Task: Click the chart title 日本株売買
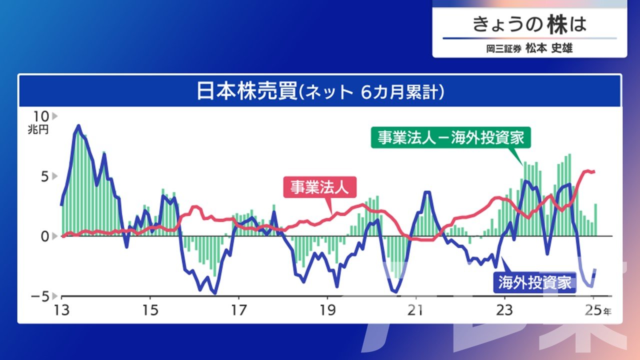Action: click(x=247, y=91)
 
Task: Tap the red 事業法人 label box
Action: click(x=319, y=187)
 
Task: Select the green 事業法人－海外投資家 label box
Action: click(x=450, y=137)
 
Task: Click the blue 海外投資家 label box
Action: click(x=534, y=282)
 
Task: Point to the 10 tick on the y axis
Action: click(x=41, y=116)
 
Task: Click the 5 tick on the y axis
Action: click(x=45, y=176)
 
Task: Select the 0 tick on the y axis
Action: click(x=45, y=236)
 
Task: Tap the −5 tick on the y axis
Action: click(x=40, y=297)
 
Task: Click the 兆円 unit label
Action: click(x=38, y=129)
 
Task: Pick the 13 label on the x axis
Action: click(x=61, y=310)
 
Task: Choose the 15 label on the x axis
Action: click(x=150, y=310)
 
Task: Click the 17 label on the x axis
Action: click(x=239, y=310)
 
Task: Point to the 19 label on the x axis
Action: click(x=327, y=310)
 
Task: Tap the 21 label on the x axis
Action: click(x=415, y=310)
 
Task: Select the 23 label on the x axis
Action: click(x=504, y=310)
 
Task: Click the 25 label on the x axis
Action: click(x=593, y=310)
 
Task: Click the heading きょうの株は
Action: click(x=529, y=24)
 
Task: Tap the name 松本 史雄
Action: click(x=549, y=48)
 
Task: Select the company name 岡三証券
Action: click(x=503, y=48)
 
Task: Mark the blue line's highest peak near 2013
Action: click(x=78, y=125)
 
